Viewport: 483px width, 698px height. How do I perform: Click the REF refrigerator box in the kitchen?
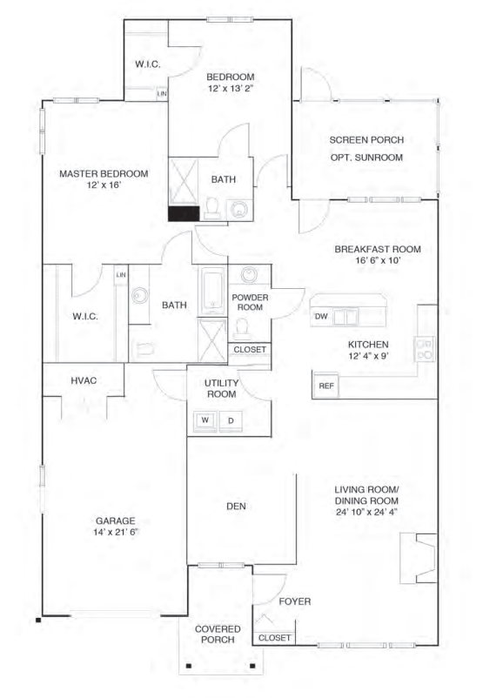(326, 385)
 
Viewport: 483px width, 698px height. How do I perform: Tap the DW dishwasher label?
(321, 316)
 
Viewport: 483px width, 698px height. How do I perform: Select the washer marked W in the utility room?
(206, 420)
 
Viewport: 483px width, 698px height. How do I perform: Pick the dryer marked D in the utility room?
(231, 420)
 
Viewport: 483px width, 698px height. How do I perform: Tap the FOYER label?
(295, 601)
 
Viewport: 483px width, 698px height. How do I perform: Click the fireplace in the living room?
(418, 559)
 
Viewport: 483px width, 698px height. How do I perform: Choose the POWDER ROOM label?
(248, 302)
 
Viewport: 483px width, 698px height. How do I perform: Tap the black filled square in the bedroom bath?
(182, 212)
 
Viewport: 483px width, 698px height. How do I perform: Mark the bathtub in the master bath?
(212, 290)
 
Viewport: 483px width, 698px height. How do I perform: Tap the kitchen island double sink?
(346, 317)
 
